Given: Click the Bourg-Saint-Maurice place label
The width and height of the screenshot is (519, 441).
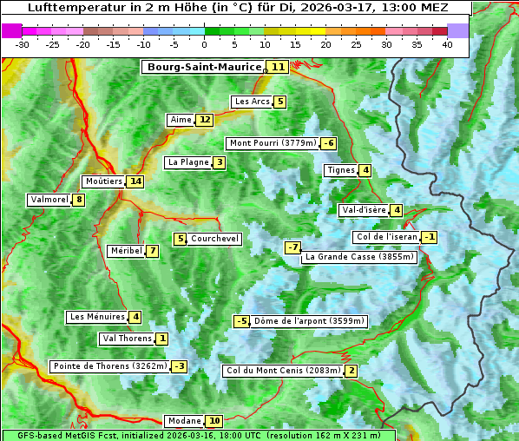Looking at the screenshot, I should pos(204,67).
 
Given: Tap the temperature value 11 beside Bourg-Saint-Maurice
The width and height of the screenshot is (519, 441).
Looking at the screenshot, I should pos(278,67).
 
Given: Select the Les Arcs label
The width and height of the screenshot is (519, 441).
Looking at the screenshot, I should pos(253,102).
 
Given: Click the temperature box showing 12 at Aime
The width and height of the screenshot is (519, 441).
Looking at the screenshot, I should pos(204,120).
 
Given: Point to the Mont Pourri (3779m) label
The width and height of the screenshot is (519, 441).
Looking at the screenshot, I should pos(272,143).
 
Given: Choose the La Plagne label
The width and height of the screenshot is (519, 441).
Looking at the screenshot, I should pos(188,162).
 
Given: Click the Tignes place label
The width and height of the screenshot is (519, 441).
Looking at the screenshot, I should pos(341,170).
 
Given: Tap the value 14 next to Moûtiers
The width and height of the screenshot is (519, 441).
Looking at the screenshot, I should pos(135,181).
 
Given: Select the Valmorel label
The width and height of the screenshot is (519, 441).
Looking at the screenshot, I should pos(49,200).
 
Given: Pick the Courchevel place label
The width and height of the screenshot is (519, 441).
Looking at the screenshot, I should pos(215,239).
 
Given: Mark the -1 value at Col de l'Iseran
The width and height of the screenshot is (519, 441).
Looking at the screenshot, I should pos(429,237).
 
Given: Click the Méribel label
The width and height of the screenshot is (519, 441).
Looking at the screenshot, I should pos(126,251).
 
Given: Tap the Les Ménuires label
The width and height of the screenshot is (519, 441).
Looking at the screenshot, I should pos(96,317).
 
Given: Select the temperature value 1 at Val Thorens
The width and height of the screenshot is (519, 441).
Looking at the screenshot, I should pos(162,339).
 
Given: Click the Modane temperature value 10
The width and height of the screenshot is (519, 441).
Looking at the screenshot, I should pos(214,421).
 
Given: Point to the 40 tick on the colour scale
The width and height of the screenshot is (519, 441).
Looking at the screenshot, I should pos(447,44).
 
